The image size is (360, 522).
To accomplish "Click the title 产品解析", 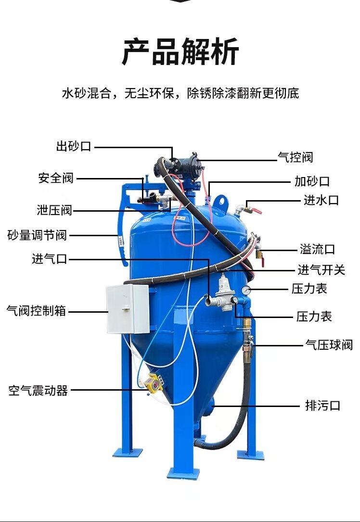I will (180, 52).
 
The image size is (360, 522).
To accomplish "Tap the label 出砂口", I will (74, 147).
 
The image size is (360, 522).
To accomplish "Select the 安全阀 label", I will (56, 178).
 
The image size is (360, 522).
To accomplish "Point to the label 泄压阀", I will (54, 210).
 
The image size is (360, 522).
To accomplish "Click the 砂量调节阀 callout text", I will (37, 235).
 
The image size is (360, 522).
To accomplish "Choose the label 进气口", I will (50, 259).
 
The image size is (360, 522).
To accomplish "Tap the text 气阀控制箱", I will (36, 311).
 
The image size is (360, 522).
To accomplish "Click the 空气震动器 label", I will (38, 390).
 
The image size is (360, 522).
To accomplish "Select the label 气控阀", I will (296, 157).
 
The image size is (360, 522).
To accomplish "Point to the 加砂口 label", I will (312, 181).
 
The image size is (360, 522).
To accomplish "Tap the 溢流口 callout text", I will (317, 249).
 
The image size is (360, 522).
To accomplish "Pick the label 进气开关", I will (321, 270).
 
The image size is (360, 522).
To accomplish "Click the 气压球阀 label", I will (329, 344).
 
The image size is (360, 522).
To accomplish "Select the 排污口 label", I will (323, 406).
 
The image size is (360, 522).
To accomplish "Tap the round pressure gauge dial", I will (246, 290).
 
